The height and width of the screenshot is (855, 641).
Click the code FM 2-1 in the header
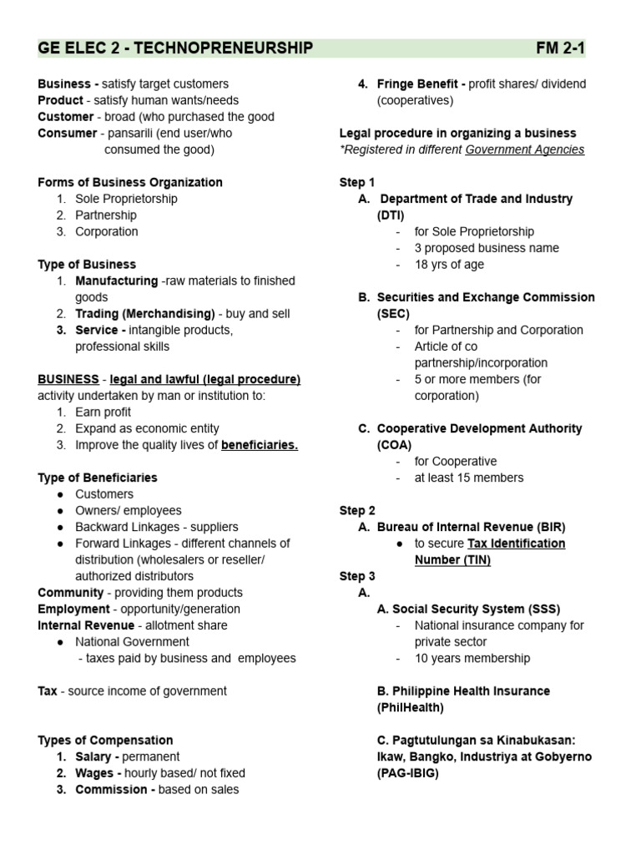tap(560, 48)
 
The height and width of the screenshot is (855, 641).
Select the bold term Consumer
tap(68, 134)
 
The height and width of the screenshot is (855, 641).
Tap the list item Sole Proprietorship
tap(126, 199)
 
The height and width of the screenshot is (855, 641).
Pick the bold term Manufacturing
tap(116, 281)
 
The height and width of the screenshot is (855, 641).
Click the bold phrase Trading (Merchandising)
tap(145, 314)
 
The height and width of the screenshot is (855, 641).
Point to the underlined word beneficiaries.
tap(260, 445)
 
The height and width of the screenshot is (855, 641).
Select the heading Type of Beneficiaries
tap(98, 478)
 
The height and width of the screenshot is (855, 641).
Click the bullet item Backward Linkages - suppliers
tap(157, 527)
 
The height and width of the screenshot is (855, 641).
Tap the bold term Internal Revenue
tap(86, 625)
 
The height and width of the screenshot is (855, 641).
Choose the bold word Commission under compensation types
tap(115, 789)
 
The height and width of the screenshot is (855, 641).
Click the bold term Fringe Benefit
tap(421, 84)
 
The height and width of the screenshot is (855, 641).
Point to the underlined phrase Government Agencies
tap(525, 149)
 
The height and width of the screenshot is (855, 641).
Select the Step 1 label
tap(357, 182)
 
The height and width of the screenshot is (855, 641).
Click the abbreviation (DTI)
tap(390, 215)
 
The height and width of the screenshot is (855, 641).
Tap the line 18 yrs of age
tap(449, 265)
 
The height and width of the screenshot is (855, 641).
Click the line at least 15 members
tap(469, 478)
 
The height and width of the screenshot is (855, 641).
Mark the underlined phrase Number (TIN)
tap(452, 559)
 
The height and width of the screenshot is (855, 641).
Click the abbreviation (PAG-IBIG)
tap(408, 773)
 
